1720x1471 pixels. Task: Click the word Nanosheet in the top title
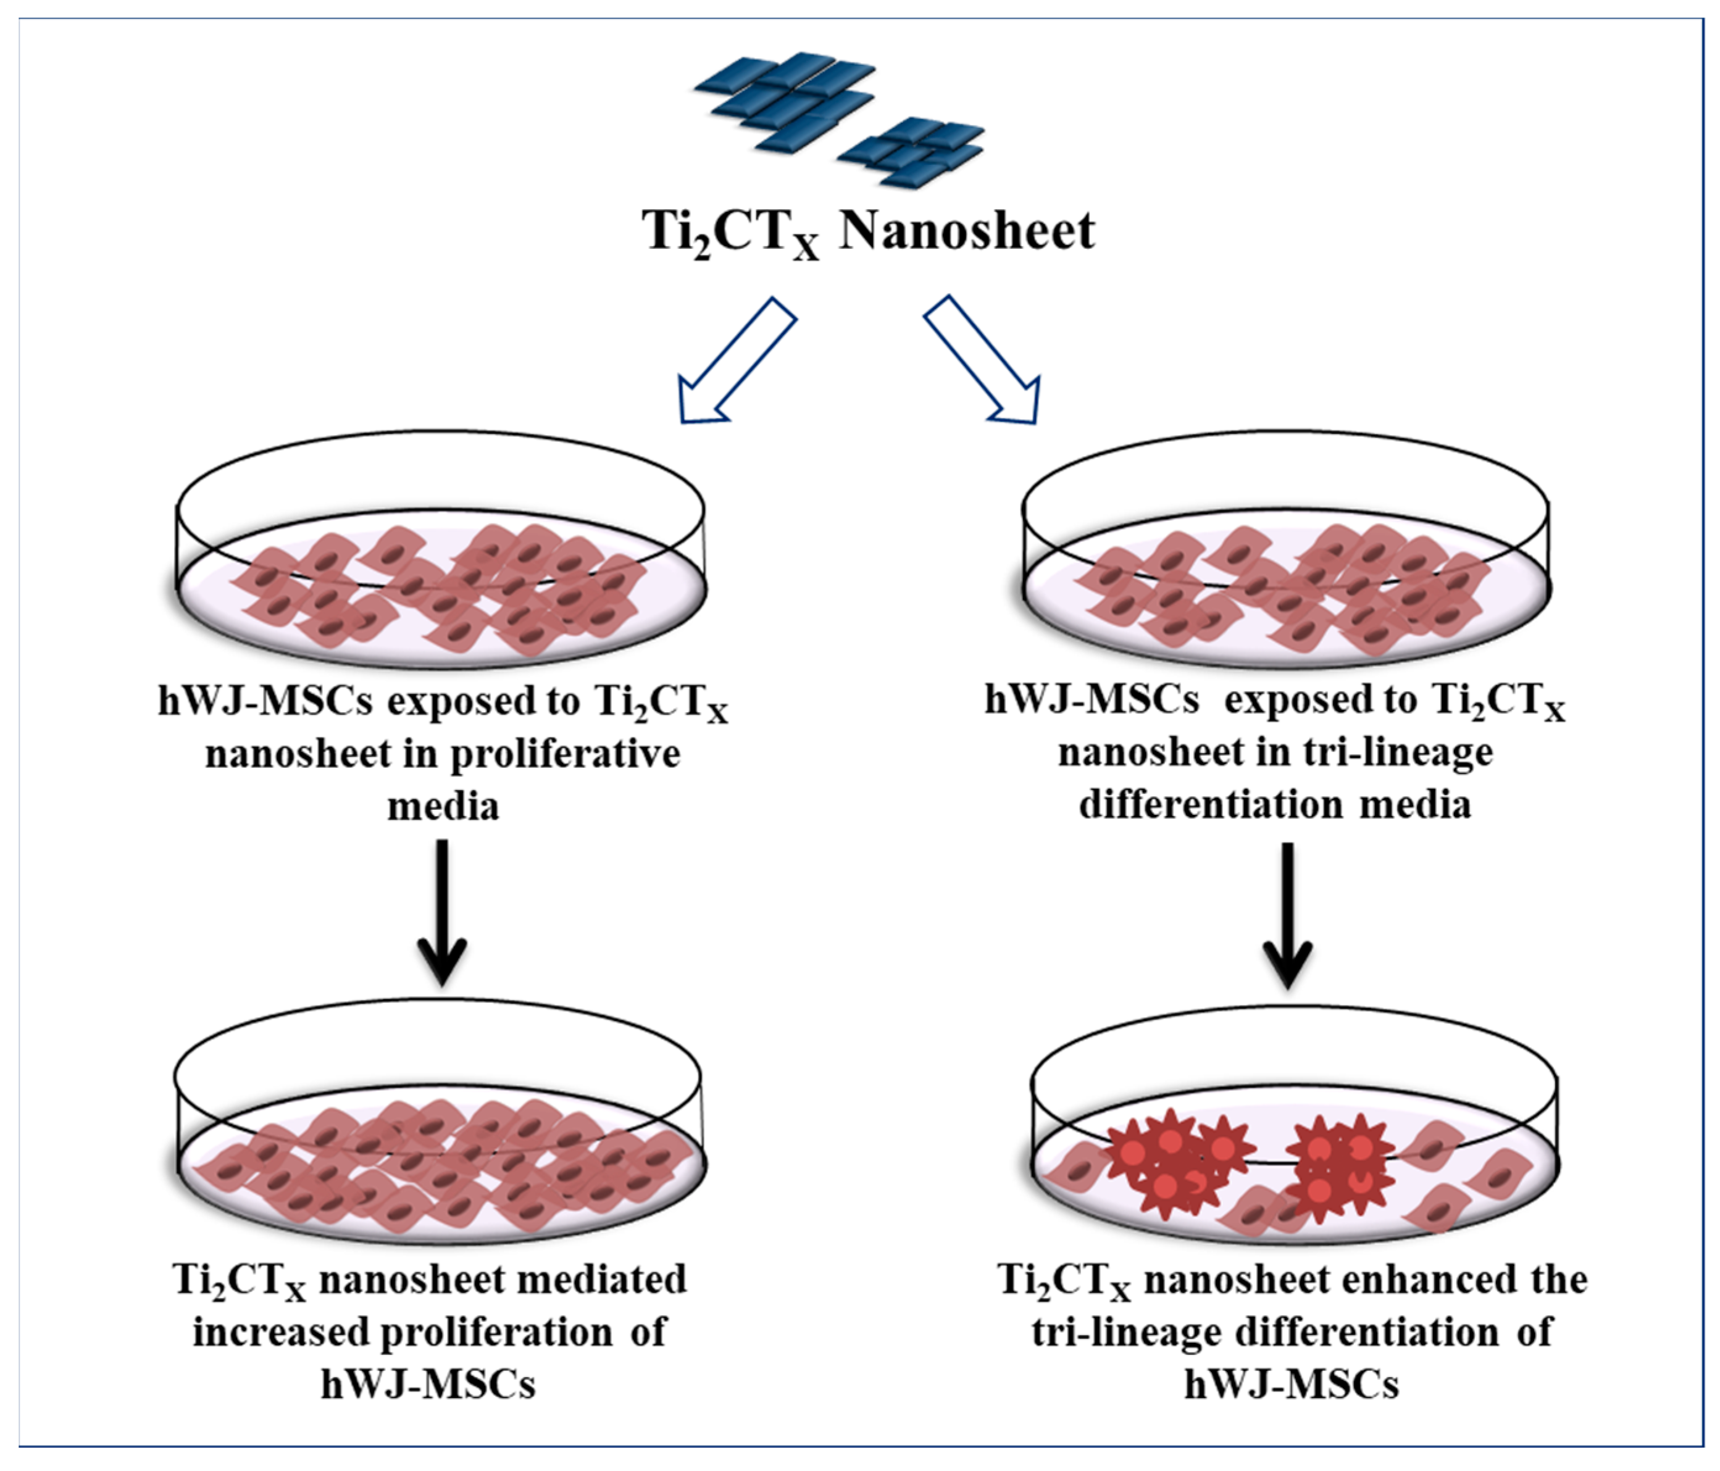click(966, 231)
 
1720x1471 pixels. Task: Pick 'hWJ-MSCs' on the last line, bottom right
click(1292, 1384)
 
